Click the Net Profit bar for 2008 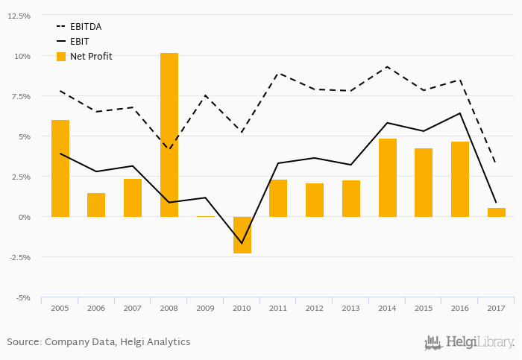(x=169, y=135)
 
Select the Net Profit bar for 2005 (x=60, y=168)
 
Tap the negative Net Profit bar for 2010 (x=242, y=235)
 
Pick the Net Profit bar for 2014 (x=388, y=177)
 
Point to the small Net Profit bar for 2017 (x=497, y=212)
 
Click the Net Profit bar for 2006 (x=96, y=205)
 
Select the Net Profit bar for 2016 (x=461, y=179)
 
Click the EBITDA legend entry (x=85, y=27)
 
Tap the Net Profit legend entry (x=90, y=57)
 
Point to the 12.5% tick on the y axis (x=19, y=16)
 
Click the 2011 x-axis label (x=279, y=308)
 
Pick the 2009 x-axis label (x=206, y=308)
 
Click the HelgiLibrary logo (x=469, y=343)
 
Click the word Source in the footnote (x=22, y=342)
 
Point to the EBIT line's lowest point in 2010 (x=242, y=243)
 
